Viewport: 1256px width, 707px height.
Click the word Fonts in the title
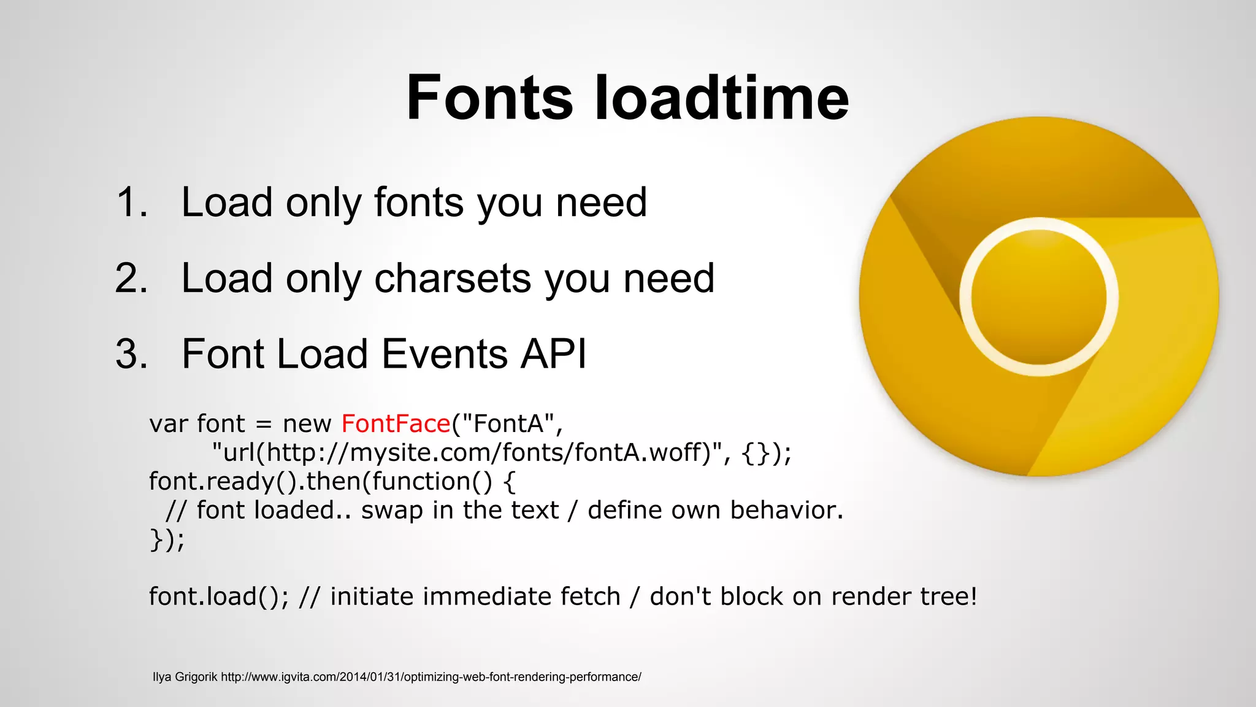(489, 98)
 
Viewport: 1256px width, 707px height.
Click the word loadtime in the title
(722, 98)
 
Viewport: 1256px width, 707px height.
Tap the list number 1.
(131, 203)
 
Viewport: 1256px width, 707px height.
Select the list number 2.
(131, 279)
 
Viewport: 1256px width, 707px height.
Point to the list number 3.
(131, 354)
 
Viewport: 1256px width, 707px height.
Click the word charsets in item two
(453, 279)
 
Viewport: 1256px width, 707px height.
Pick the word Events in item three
(445, 354)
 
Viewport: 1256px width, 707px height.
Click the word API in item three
(553, 354)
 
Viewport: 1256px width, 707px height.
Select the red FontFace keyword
(396, 423)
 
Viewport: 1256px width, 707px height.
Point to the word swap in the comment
(391, 511)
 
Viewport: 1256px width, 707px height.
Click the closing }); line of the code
(166, 539)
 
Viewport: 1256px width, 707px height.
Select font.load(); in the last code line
(218, 597)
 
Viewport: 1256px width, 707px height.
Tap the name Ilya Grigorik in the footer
(185, 677)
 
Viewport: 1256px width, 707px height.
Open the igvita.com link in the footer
(431, 677)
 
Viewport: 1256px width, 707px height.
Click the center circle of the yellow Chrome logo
(1039, 297)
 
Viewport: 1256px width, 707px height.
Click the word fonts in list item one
(418, 203)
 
